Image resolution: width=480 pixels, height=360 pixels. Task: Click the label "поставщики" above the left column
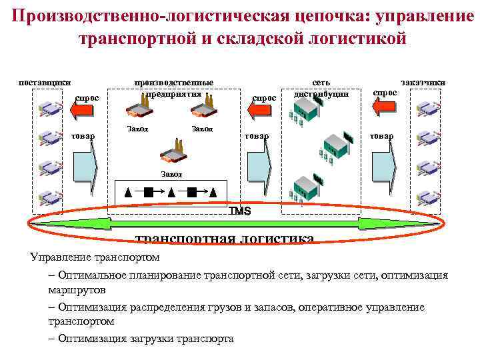(44, 82)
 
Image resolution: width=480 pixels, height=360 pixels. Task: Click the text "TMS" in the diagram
(239, 211)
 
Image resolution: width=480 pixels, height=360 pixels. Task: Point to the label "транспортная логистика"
(225, 238)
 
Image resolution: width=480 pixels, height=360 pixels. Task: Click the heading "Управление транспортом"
(95, 257)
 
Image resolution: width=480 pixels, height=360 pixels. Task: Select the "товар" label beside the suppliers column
(83, 136)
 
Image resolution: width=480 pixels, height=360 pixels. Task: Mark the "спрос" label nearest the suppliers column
(87, 98)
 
